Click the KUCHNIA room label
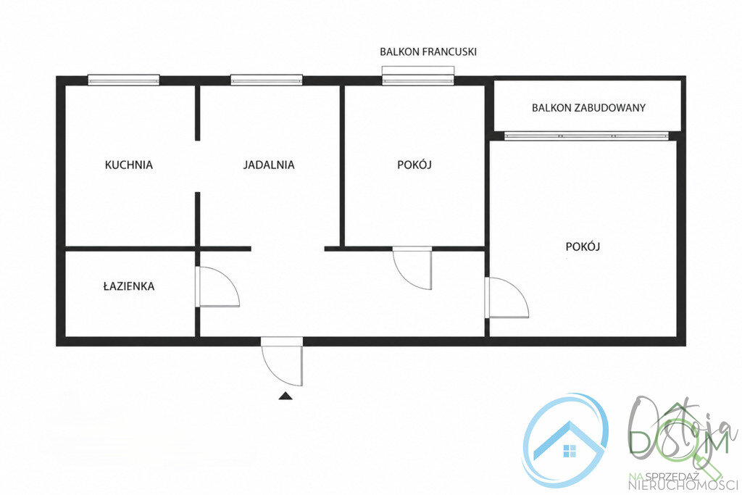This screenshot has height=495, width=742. pos(129,165)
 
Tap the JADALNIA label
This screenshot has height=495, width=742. pos(269,165)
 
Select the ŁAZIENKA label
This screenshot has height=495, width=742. pos(129,286)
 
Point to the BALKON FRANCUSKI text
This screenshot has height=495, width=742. pos(428,51)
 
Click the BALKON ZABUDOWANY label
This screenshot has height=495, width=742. pos(588,107)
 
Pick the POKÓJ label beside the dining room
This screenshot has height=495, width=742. pos(414,165)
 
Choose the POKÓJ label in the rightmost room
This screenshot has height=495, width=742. pos(583,246)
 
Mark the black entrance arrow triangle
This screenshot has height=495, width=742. pos(285,396)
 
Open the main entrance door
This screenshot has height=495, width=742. pos(282,362)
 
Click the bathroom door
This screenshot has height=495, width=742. pos(217,287)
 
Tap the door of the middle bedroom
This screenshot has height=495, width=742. pos(412,268)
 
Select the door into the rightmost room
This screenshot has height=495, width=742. pos(507,297)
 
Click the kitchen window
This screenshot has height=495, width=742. pos(124,80)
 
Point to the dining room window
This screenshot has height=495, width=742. pos(267,80)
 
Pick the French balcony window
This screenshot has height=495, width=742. pos(418,75)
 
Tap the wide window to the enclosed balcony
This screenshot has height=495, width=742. pos(587,136)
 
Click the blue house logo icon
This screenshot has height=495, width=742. pos(566,440)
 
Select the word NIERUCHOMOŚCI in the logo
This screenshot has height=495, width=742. pos(683,485)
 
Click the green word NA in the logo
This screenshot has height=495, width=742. pos(635,475)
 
